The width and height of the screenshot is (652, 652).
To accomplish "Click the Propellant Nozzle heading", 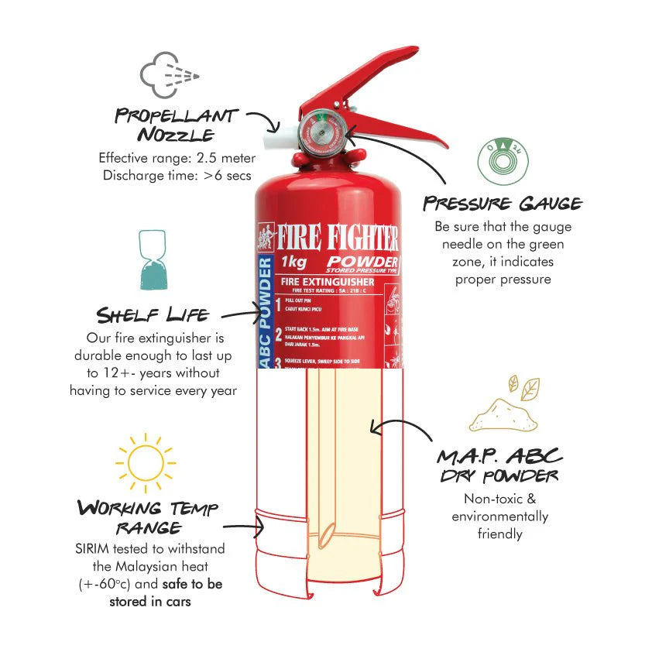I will coord(176,125).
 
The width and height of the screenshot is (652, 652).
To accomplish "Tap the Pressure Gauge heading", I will coord(502,204).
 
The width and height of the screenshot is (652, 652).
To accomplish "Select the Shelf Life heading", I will coord(152,314).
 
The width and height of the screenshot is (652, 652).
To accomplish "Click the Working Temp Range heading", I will coord(147,518).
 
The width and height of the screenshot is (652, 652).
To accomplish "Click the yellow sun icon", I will coord(145,463).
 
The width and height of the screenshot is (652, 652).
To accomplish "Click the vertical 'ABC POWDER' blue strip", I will coord(265,313).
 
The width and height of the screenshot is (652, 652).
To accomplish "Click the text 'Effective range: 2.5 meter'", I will coord(177,157).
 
